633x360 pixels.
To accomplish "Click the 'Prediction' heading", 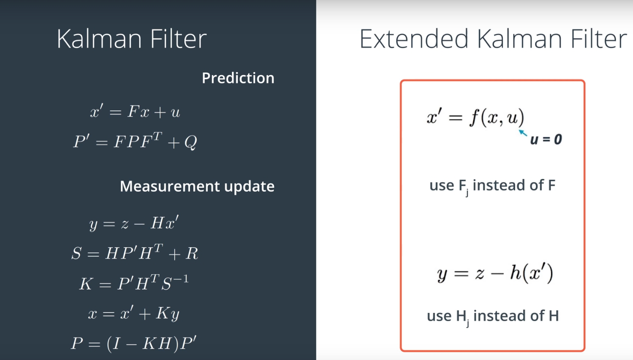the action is point(238,78).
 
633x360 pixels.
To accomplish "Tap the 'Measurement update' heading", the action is point(197,187).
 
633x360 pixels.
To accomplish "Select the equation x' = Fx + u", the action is point(135,112).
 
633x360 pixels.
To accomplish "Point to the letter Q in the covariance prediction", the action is point(191,142).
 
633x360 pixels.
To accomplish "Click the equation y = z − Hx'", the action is point(134,223).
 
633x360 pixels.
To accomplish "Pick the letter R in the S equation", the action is point(192,253).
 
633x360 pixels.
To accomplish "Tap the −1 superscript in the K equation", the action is point(181,279).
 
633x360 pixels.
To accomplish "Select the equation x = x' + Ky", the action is point(134,313).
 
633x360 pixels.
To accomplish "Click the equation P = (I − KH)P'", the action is point(134,343).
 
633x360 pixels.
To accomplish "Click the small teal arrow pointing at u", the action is point(523,133).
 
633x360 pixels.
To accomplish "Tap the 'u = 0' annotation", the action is point(546,140).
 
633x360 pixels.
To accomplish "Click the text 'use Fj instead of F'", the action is point(492,186).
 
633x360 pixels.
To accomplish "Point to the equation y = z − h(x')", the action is point(495,273).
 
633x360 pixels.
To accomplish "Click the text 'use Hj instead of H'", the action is point(493,316).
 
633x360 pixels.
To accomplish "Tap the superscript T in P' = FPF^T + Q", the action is point(157,137).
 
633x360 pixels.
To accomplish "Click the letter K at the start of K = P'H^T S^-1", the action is point(86,283).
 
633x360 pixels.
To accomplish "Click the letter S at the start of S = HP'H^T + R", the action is point(76,253).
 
